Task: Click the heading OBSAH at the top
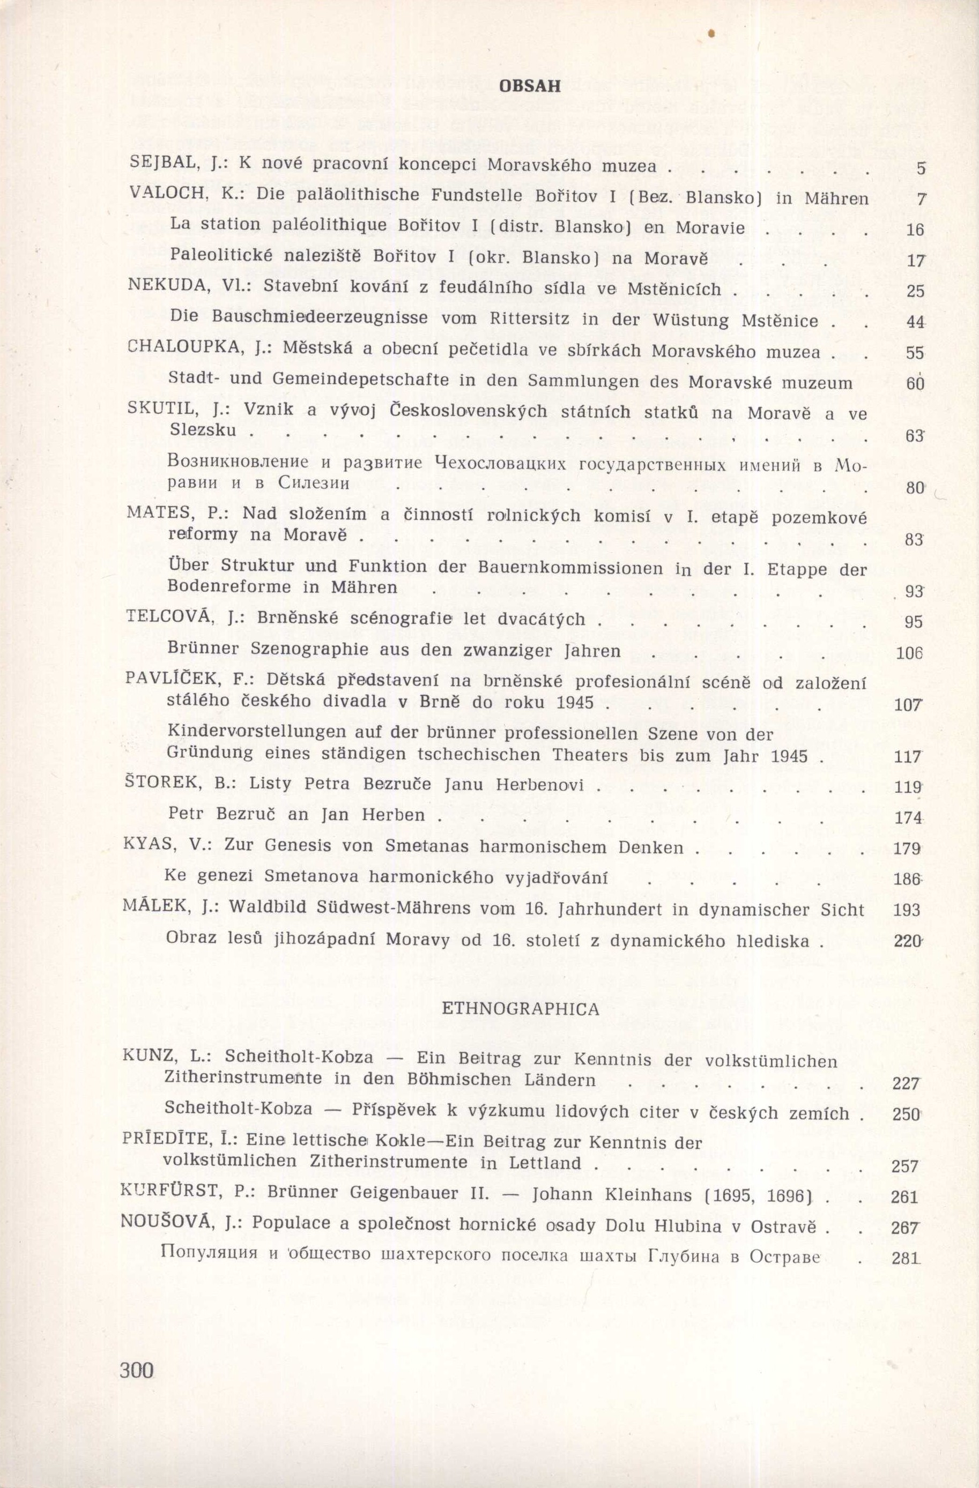point(530,87)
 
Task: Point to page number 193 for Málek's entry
point(907,910)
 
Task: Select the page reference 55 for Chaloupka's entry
point(914,353)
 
